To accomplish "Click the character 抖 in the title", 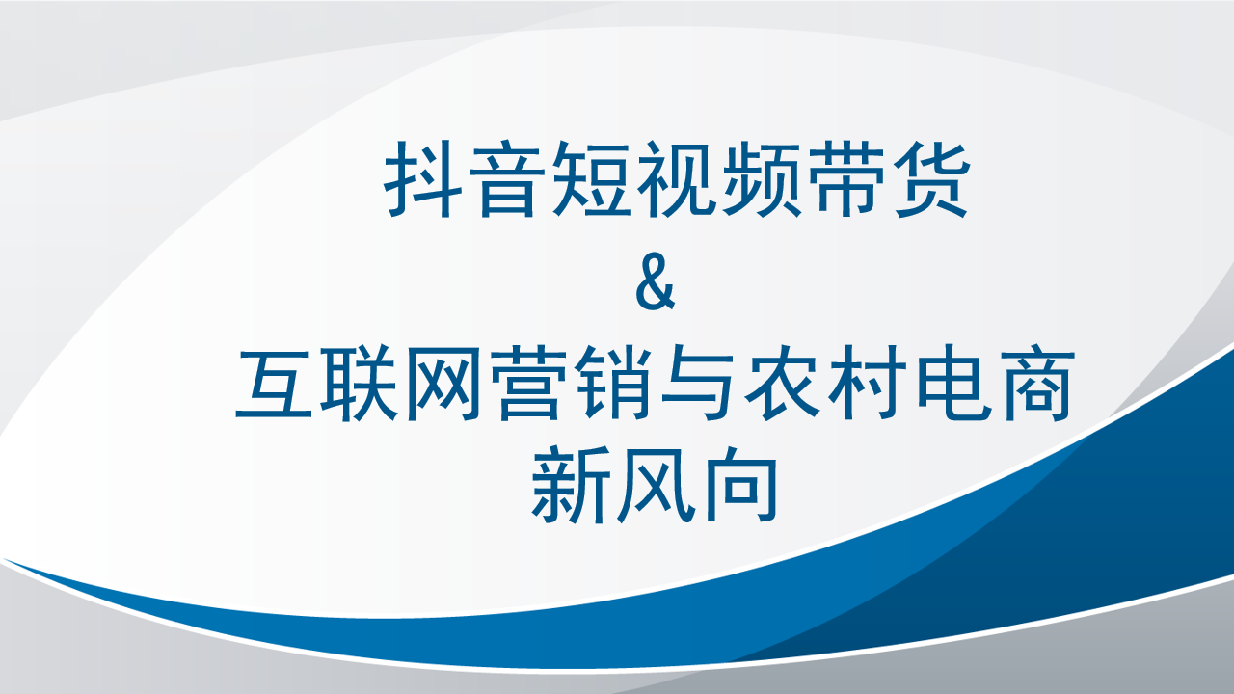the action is [x=422, y=179].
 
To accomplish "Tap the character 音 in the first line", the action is [x=507, y=179].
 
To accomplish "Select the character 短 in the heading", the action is [x=591, y=179].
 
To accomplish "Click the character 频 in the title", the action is [x=762, y=179].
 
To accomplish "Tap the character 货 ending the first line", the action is [x=931, y=179].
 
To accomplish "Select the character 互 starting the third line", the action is [x=274, y=384].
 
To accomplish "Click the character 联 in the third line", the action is [x=359, y=384].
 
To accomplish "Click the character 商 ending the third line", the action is [x=1037, y=384].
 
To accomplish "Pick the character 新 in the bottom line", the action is [x=570, y=484].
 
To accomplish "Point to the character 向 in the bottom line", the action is [x=742, y=484].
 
